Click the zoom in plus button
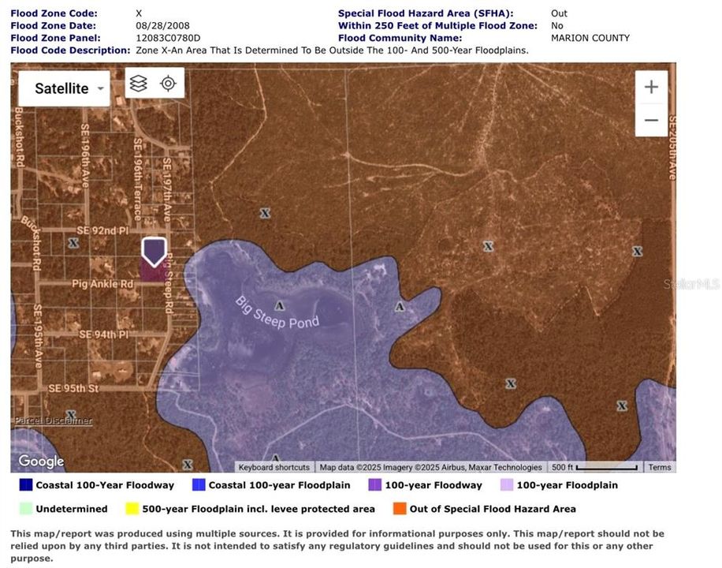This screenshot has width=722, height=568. pos(651,87)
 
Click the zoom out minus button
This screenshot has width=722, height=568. pos(651,120)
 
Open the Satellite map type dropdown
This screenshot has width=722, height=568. pos(64,88)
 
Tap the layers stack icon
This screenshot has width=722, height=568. pos(139,83)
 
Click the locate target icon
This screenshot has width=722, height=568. pos(168,83)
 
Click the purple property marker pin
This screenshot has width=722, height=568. pos(154,252)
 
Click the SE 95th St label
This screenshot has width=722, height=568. pos(73,389)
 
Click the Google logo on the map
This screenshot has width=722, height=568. pos(41,461)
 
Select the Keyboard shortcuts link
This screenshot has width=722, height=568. pos(274,467)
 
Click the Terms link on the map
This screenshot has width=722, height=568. pos(659,467)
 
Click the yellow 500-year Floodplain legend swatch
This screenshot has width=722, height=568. pos(132,509)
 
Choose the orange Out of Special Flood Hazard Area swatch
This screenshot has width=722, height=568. pos(399,509)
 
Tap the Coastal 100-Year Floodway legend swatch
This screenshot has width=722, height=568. pos(26,485)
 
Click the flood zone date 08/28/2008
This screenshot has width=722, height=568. pos(162,25)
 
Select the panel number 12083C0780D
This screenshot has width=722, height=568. pos(168,38)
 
